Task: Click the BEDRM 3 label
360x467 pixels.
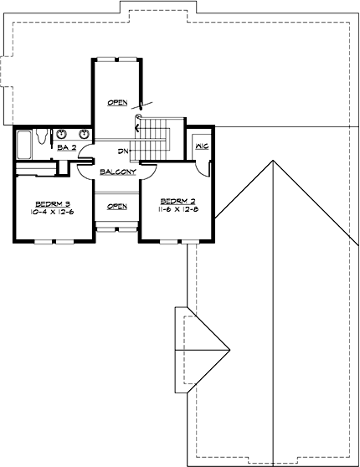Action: click(x=52, y=203)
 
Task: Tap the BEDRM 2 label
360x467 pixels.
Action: click(x=177, y=202)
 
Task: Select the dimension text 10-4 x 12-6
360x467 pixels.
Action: click(x=52, y=212)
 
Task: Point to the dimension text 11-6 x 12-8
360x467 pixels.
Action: click(x=177, y=210)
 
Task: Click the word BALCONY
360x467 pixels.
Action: click(x=117, y=172)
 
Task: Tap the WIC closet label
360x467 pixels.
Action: click(x=201, y=146)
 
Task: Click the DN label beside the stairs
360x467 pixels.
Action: click(x=122, y=151)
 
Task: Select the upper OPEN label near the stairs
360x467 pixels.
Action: click(x=116, y=102)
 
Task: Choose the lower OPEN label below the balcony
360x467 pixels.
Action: click(x=116, y=207)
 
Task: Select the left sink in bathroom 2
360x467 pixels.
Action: click(x=60, y=134)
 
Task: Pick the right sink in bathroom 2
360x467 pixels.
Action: click(x=84, y=134)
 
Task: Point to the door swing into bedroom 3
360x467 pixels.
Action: click(x=85, y=170)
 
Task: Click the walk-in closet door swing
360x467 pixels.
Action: click(x=201, y=165)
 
